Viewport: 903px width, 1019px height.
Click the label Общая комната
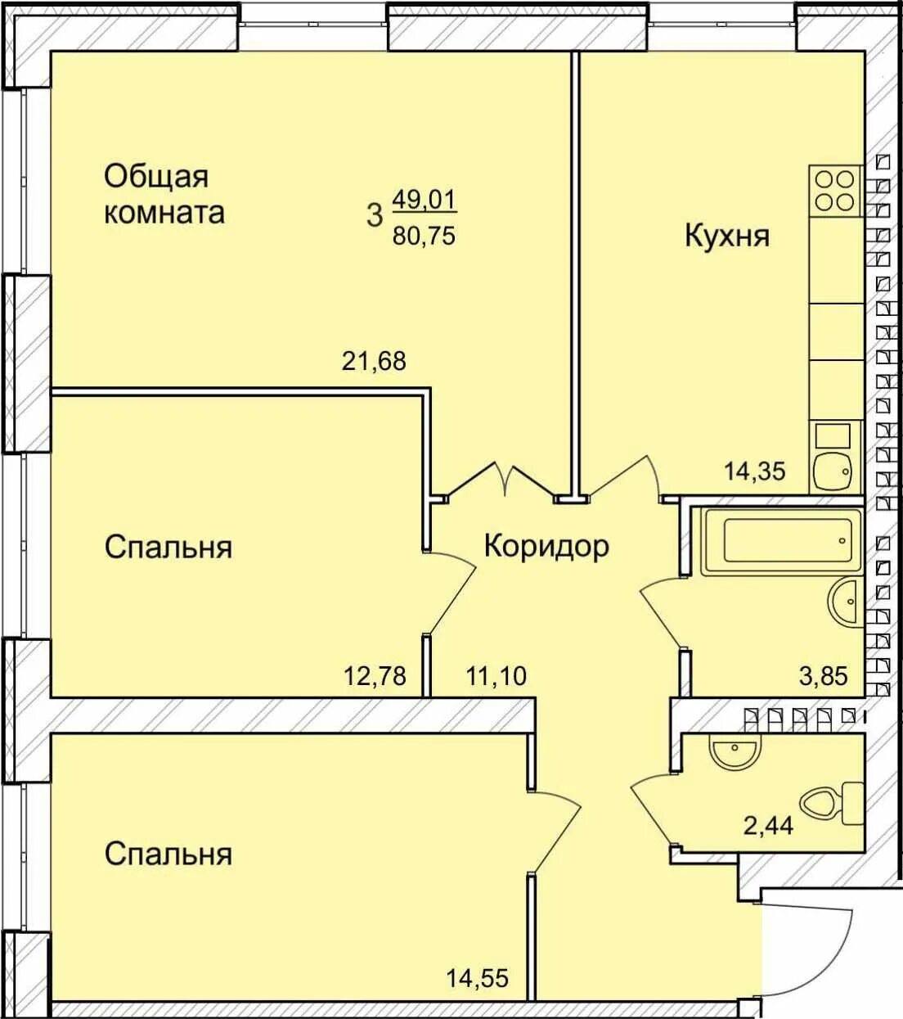164,194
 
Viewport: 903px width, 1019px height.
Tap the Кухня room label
726,236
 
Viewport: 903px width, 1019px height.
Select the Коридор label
546,545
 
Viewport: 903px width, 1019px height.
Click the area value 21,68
373,360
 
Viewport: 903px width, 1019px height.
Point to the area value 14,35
754,471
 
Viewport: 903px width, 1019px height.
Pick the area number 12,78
375,676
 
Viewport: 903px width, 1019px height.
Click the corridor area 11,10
496,676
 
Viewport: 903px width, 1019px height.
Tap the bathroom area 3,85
823,676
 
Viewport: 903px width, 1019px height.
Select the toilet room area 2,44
767,825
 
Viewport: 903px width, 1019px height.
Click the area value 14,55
478,977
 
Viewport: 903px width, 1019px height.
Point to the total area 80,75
424,236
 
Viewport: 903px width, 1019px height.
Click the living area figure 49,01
424,199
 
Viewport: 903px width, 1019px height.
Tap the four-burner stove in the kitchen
836,190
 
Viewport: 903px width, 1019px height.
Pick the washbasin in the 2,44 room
735,751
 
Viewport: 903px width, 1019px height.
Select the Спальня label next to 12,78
168,547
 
